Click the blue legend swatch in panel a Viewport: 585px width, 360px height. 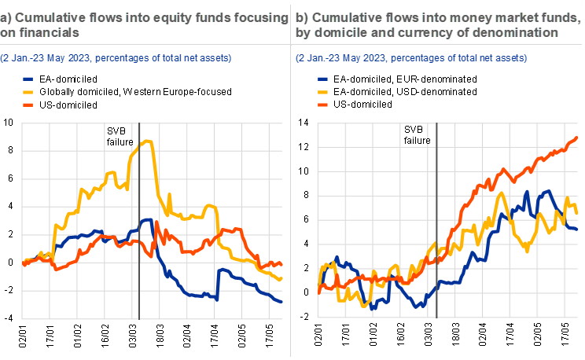(28, 79)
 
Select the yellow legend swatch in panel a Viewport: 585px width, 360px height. (28, 91)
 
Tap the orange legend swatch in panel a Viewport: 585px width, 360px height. (28, 104)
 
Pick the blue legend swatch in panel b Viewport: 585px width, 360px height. (323, 79)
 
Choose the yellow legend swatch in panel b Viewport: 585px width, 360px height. (323, 91)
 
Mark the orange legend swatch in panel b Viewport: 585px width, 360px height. (323, 104)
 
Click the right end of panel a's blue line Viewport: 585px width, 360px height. (281, 302)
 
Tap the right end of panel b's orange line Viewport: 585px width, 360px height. (578, 138)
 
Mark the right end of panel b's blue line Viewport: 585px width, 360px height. (578, 229)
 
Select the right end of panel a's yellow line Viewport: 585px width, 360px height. (281, 279)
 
